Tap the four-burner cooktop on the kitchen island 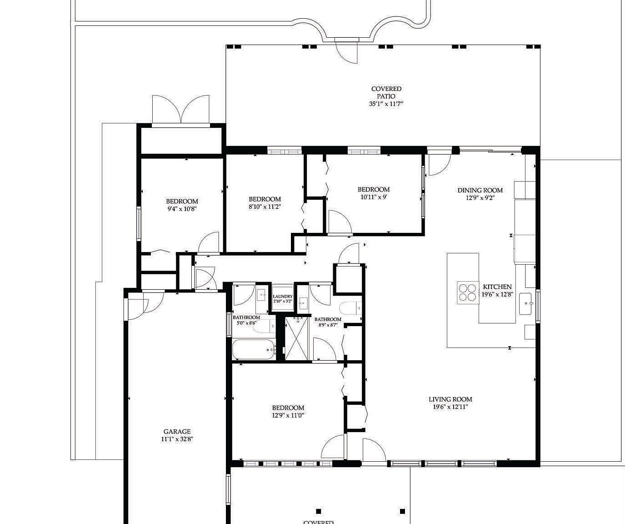click(x=467, y=292)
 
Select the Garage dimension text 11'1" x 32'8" click(x=177, y=439)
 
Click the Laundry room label click(x=283, y=297)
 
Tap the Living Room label click(x=450, y=399)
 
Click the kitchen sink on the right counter click(x=525, y=303)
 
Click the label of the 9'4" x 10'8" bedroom click(x=182, y=202)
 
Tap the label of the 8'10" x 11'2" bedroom click(x=265, y=199)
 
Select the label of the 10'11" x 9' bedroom click(x=373, y=190)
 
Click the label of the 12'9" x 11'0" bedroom click(x=288, y=408)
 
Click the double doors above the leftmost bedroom click(x=181, y=110)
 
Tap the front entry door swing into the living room click(x=373, y=450)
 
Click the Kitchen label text click(x=497, y=287)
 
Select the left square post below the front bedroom click(x=319, y=511)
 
